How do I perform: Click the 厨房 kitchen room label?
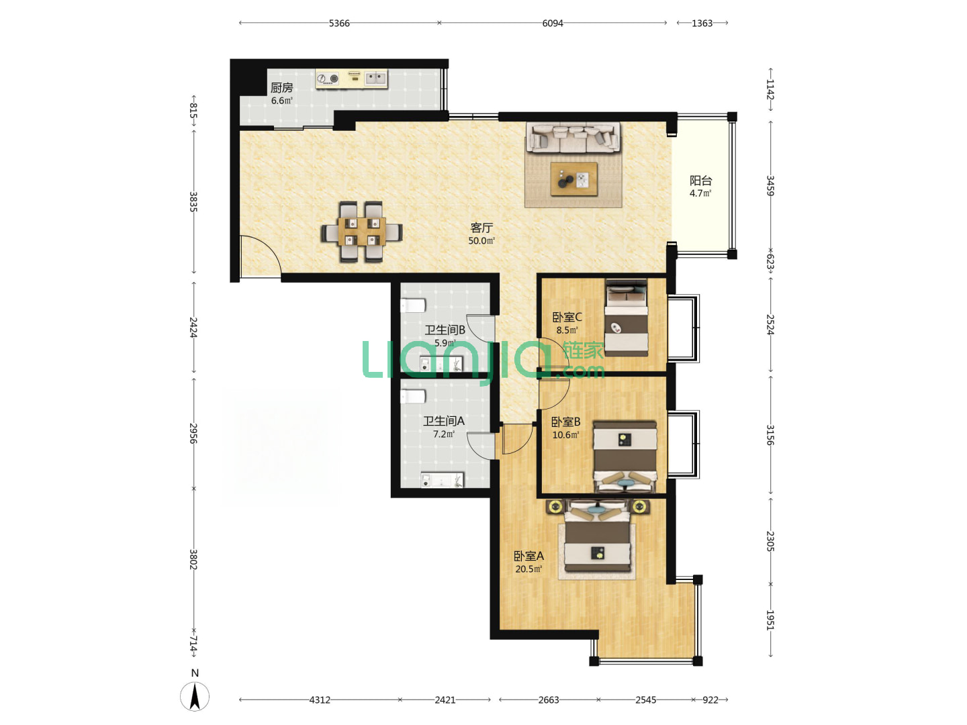pos(281,87)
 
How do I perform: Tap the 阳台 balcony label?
pos(700,181)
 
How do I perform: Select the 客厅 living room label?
pos(481,228)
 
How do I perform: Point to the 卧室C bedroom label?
pos(567,317)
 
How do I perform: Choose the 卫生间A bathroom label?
pos(444,422)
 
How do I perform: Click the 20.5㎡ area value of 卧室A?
pos(528,569)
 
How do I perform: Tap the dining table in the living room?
pos(362,232)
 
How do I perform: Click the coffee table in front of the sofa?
pos(574,179)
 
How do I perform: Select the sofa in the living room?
pos(573,138)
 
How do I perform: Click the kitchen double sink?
pos(376,79)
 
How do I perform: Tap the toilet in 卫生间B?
pos(413,305)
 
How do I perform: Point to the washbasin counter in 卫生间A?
pos(443,480)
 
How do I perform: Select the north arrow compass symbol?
pos(195,696)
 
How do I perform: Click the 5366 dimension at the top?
pos(339,23)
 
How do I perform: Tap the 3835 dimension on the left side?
pos(193,201)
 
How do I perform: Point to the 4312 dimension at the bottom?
pos(320,700)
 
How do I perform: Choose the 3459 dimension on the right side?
pos(770,186)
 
